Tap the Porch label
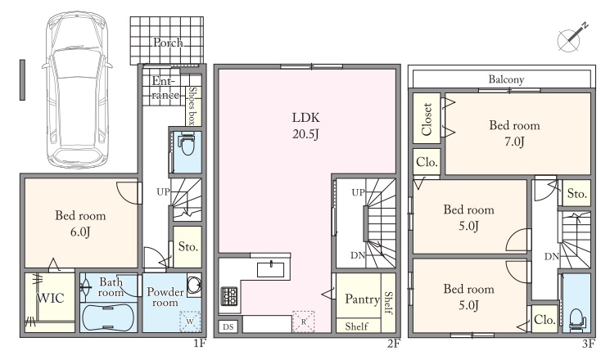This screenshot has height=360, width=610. tap(168, 42)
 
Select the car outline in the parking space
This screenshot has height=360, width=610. tap(78, 89)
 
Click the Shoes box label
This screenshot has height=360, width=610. tap(192, 106)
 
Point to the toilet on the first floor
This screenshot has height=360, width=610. tap(188, 144)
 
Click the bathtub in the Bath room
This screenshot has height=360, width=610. tap(109, 317)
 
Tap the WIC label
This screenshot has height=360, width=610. tap(51, 298)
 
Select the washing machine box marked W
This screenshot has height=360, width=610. tap(190, 321)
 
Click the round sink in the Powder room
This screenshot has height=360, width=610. tap(194, 286)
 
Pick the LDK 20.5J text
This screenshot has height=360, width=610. tap(305, 125)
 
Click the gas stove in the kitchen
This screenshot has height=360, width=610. tap(229, 296)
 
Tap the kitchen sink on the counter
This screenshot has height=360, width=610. tap(270, 269)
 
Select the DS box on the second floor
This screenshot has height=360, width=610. tap(228, 326)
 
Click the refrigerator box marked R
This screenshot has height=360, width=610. tap(304, 322)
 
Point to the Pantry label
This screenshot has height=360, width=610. tap(362, 299)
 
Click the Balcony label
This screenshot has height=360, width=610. tap(506, 79)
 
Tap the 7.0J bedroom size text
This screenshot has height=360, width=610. tap(515, 142)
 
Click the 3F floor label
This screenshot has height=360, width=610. tap(589, 344)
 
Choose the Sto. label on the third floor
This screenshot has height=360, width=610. tap(577, 193)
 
